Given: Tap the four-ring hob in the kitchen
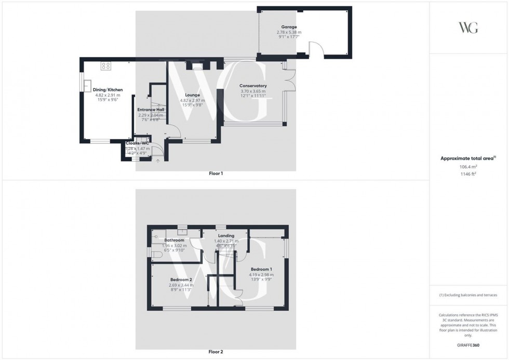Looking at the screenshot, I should (106, 66).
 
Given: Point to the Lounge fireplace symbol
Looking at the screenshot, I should (197, 66).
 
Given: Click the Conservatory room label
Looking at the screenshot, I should (253, 86).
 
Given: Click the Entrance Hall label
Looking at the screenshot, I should (151, 110).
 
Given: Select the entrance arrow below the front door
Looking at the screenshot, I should (158, 162).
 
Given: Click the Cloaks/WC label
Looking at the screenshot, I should (138, 143).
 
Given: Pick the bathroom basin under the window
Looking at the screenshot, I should (182, 232).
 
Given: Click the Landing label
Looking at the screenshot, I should (226, 235).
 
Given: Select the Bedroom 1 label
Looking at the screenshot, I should (261, 270).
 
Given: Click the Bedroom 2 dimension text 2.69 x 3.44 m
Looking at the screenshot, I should (181, 285).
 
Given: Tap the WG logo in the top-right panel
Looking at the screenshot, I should (468, 28).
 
